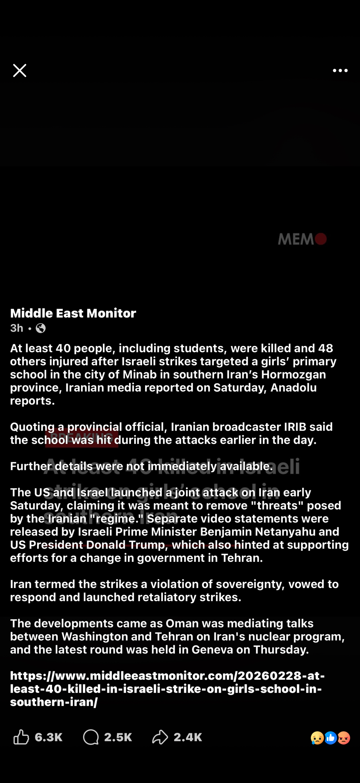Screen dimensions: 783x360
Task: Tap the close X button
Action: pyautogui.click(x=20, y=70)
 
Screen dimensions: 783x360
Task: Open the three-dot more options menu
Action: pyautogui.click(x=340, y=70)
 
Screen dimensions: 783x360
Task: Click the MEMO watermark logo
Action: pyautogui.click(x=302, y=239)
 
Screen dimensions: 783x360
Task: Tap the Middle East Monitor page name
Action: pyautogui.click(x=73, y=313)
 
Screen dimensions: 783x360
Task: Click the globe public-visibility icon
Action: pyautogui.click(x=41, y=328)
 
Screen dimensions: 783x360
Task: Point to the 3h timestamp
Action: pyautogui.click(x=16, y=328)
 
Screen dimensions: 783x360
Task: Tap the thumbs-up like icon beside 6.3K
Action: pyautogui.click(x=21, y=737)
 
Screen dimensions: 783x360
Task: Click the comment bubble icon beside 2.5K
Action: pyautogui.click(x=91, y=737)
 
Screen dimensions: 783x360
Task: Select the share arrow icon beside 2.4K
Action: pyautogui.click(x=160, y=737)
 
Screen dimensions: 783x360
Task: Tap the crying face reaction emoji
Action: pyautogui.click(x=317, y=738)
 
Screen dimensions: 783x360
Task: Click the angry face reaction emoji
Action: pyautogui.click(x=344, y=738)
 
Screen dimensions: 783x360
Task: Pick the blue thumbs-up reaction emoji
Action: pyautogui.click(x=331, y=738)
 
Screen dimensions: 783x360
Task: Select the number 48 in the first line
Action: pyautogui.click(x=326, y=348)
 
